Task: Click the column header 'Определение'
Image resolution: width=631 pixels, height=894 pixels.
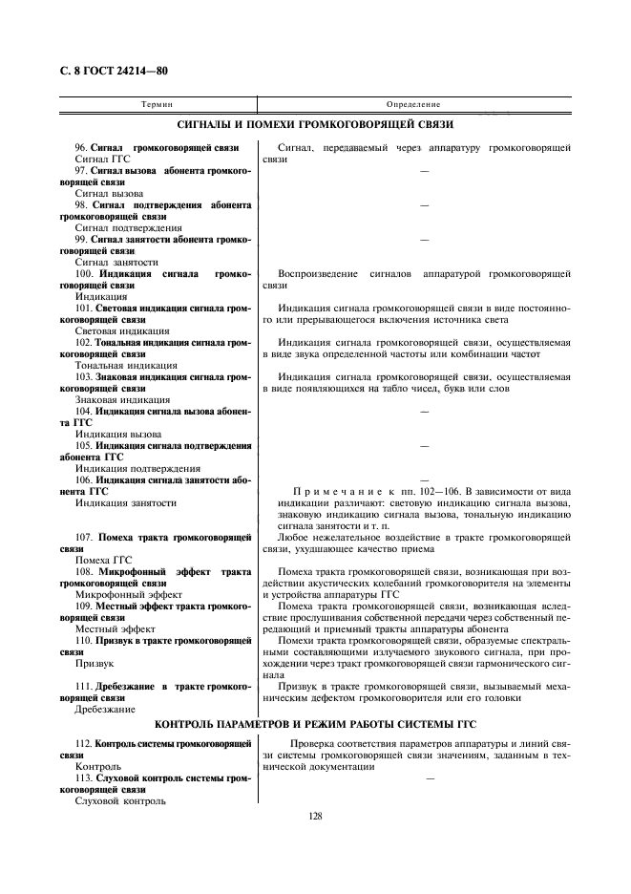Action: [413, 102]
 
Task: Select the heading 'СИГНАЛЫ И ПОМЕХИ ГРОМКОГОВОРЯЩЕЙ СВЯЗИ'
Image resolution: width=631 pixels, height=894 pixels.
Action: [316, 125]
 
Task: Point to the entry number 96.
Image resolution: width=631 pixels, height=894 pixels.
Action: [81, 147]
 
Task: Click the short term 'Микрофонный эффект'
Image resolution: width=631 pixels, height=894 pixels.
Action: [122, 594]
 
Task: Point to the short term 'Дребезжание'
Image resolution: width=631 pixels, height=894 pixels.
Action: [104, 709]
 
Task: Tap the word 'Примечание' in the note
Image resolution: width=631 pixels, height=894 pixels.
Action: [328, 491]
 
